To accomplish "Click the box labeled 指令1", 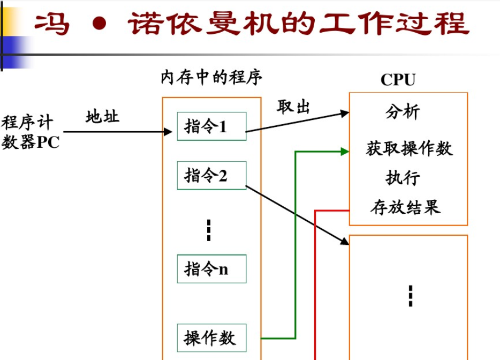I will tap(211, 126).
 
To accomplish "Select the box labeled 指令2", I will tap(211, 175).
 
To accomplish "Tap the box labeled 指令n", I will tap(211, 269).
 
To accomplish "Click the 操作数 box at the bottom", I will tap(211, 338).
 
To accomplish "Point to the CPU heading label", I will tap(398, 80).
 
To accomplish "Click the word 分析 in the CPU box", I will tap(403, 112).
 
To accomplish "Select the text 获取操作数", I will tap(409, 148).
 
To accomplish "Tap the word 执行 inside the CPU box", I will tap(403, 178).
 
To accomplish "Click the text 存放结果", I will tap(405, 207).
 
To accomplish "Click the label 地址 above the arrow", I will tap(102, 116).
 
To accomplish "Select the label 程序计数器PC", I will tap(30, 132).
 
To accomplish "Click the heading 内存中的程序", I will tap(211, 78).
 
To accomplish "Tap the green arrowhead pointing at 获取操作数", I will tap(345, 152).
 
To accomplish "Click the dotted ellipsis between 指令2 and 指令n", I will tap(209, 230).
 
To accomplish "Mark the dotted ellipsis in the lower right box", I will tap(410, 296).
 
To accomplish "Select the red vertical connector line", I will tap(315, 284).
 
